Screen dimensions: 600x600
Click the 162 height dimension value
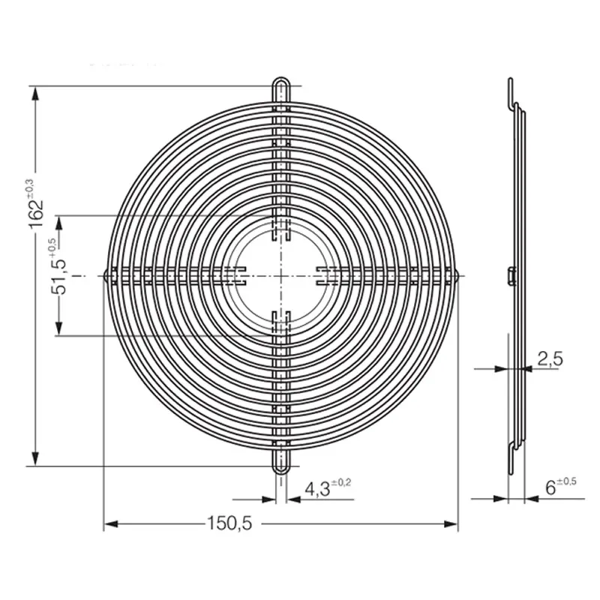pos(37,214)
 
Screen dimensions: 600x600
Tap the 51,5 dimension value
pos(59,276)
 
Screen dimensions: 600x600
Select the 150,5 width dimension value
pos(229,523)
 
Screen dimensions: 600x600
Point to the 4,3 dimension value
pos(317,489)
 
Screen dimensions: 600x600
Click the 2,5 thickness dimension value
pos(550,359)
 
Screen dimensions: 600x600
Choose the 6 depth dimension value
pos(550,488)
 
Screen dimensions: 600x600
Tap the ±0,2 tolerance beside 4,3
pos(341,482)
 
